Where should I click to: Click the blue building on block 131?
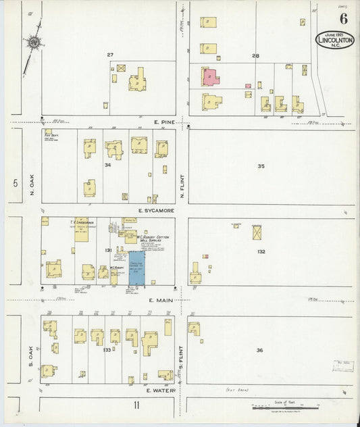138,268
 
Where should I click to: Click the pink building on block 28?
210,77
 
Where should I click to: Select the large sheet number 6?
343,19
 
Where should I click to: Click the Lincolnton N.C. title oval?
334,39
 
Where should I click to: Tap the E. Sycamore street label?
156,211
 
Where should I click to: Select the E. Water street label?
161,390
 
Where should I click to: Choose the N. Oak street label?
32,184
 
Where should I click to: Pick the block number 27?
109,54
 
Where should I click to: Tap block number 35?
261,166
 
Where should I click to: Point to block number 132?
261,251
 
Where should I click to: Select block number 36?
259,350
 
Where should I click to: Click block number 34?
107,165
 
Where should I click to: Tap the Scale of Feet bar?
278,407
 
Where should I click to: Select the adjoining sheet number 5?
14,182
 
